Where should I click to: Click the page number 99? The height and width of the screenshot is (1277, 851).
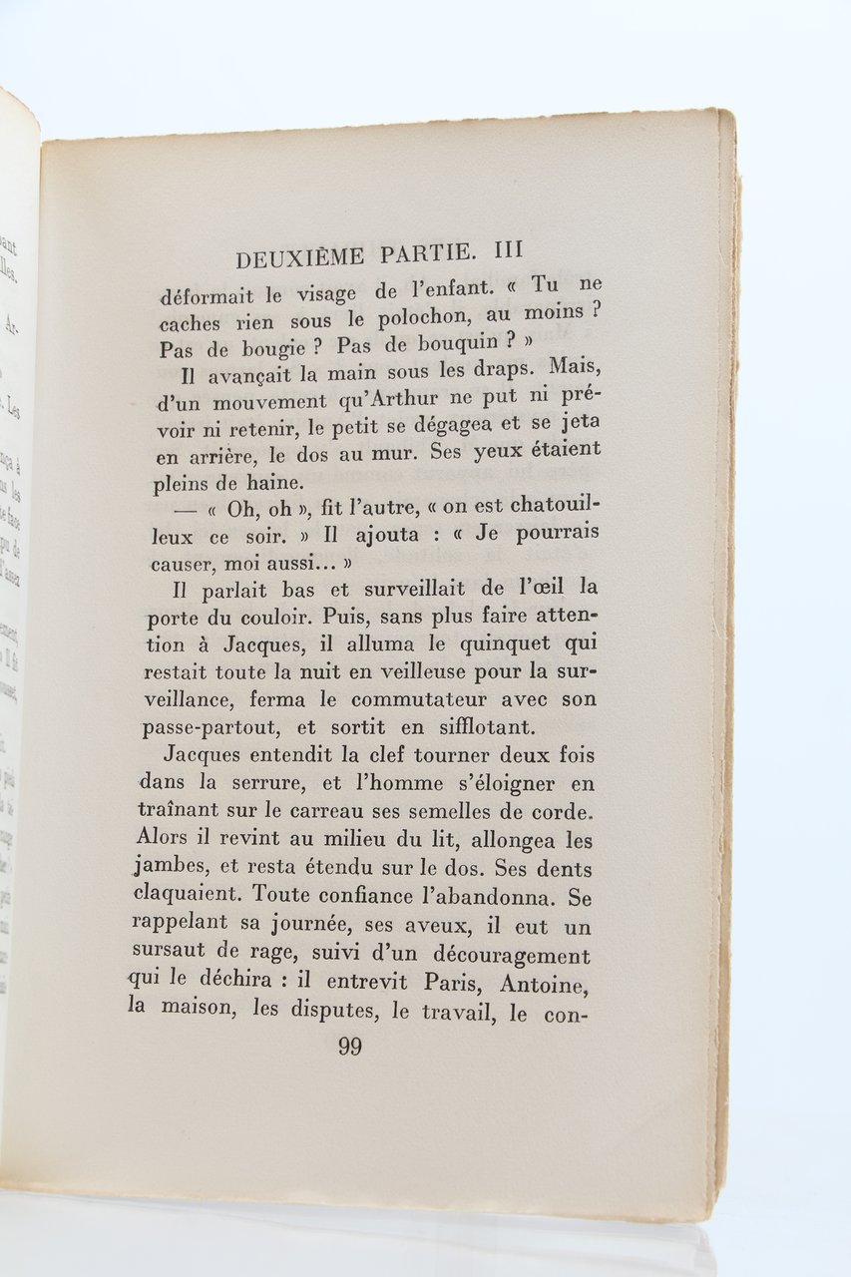[349, 1047]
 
